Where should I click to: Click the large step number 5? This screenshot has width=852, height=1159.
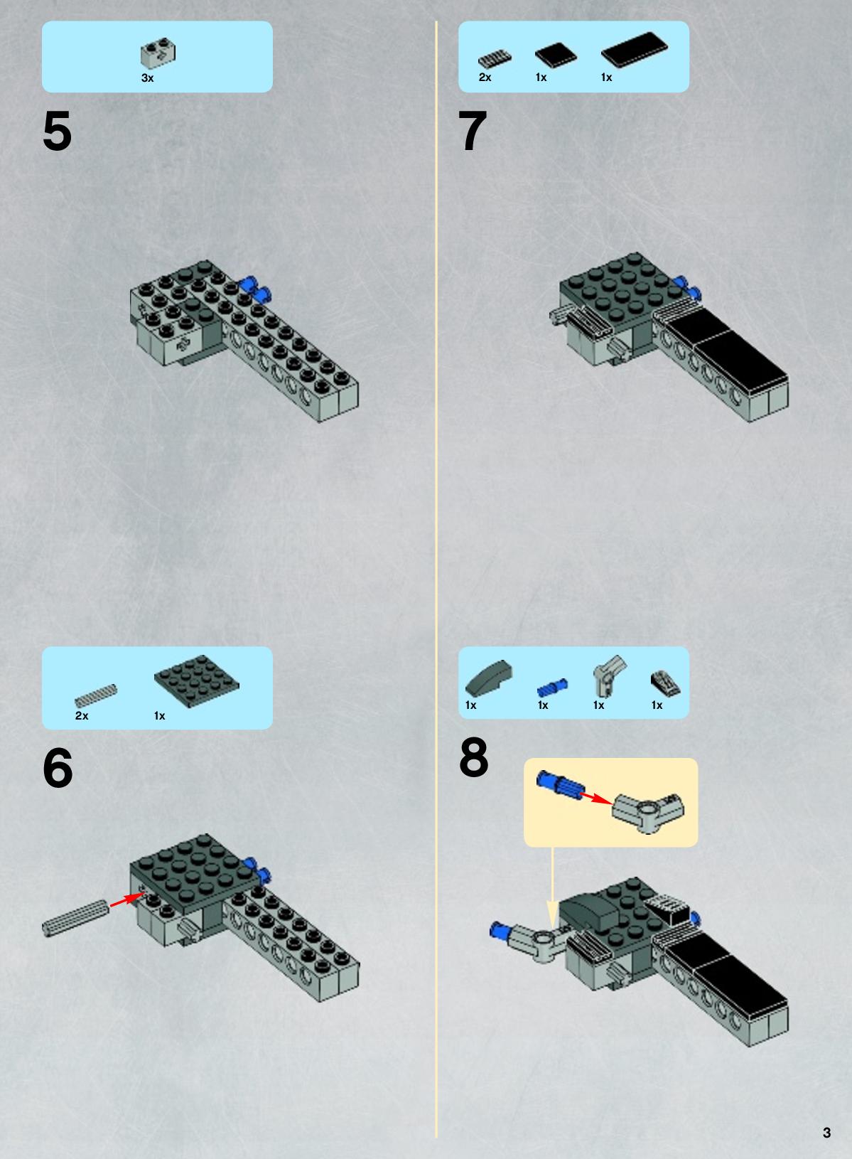57,132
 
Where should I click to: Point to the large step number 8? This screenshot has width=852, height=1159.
473,757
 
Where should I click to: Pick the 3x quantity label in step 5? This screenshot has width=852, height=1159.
147,78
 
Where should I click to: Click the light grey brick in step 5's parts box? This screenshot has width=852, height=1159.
158,53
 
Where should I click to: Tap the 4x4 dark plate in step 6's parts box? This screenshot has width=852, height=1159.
196,681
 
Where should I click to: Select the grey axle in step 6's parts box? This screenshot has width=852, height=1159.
96,695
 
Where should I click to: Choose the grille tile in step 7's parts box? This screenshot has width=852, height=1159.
495,60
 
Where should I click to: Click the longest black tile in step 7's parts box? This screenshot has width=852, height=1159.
635,50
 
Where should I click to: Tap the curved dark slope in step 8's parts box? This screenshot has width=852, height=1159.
489,679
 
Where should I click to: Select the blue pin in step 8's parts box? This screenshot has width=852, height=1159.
552,688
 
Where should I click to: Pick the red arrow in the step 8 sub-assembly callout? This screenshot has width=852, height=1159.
595,797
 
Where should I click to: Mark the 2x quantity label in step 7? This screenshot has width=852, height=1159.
485,77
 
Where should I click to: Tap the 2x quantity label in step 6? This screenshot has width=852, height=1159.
82,715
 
